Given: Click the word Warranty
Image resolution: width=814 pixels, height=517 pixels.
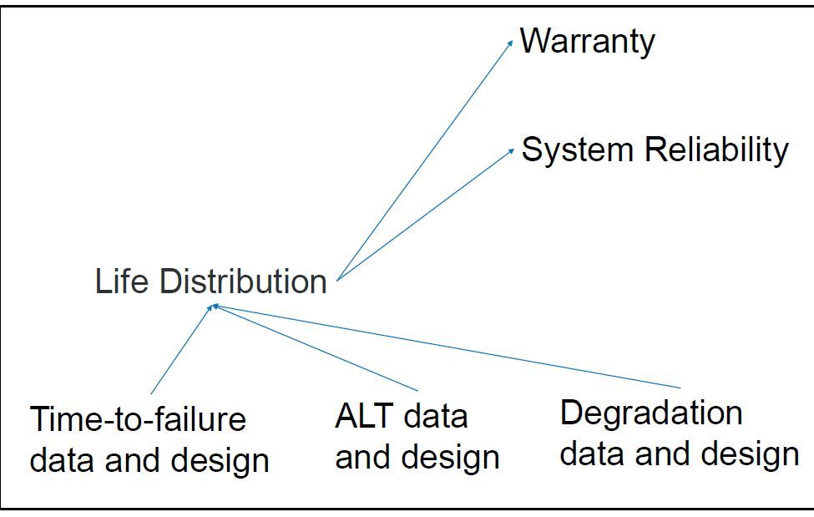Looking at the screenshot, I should click(x=587, y=42).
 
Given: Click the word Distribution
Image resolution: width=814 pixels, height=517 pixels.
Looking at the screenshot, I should click(x=243, y=281).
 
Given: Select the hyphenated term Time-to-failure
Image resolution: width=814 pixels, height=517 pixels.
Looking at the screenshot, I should click(x=138, y=418).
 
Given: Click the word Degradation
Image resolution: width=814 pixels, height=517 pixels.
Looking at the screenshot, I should click(x=651, y=413).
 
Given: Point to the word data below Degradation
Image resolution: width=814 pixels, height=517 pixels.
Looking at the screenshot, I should click(x=591, y=454).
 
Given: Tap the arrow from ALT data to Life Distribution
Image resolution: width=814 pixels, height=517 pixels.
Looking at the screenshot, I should click(x=316, y=347).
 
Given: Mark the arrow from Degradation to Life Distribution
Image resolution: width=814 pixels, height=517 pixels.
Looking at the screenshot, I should click(x=447, y=347).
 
